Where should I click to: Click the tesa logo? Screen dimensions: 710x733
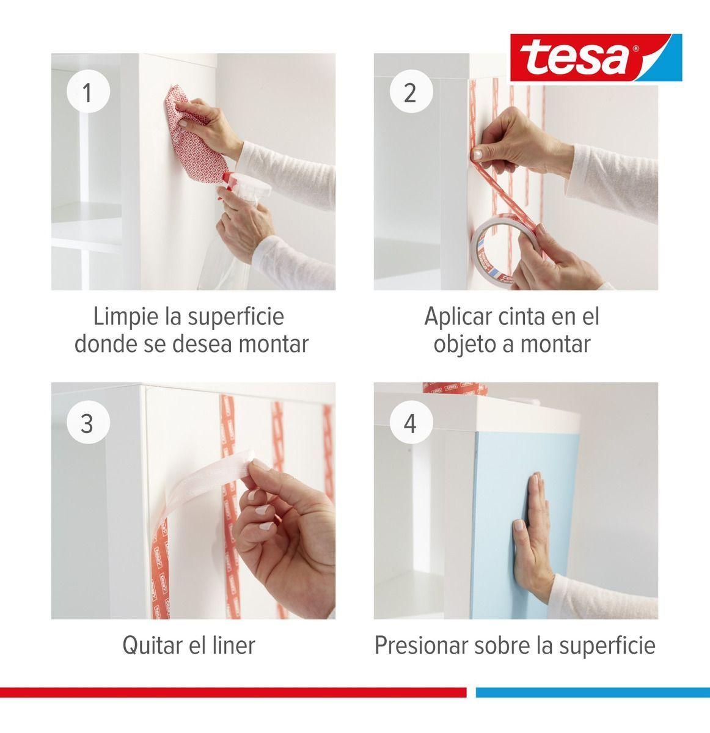pyautogui.click(x=596, y=57)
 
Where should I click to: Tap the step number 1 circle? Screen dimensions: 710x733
pyautogui.click(x=88, y=92)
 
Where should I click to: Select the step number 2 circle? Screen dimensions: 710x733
pyautogui.click(x=411, y=92)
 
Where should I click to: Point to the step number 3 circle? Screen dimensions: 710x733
pyautogui.click(x=88, y=423)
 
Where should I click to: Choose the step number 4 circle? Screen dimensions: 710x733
pyautogui.click(x=411, y=423)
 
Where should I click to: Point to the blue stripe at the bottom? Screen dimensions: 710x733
pyautogui.click(x=593, y=692)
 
